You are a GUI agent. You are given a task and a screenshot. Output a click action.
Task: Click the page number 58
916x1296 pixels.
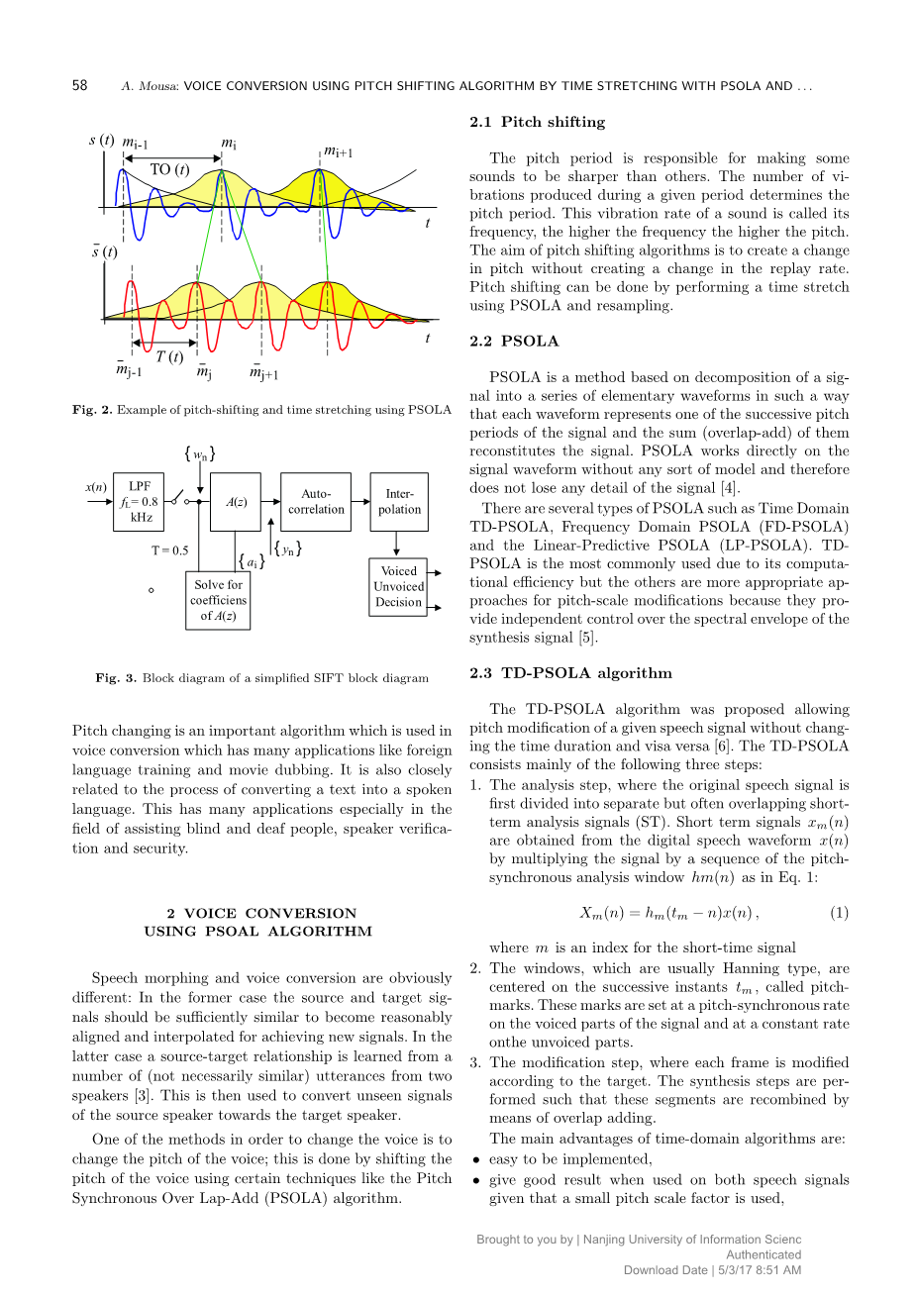coord(80,86)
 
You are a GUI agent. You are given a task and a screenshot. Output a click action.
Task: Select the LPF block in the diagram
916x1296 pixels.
coord(139,501)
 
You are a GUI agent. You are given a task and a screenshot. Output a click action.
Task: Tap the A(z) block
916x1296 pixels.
coord(236,502)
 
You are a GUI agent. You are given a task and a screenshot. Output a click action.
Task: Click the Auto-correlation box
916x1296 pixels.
coord(316,502)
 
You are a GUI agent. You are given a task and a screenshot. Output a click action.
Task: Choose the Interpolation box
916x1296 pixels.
coord(399,502)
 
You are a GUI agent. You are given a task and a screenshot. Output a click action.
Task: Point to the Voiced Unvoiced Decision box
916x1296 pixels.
coord(398,586)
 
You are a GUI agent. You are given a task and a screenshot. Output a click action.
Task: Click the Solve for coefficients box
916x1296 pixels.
coord(218,600)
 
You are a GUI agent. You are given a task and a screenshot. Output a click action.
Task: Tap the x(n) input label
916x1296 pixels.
coord(96,487)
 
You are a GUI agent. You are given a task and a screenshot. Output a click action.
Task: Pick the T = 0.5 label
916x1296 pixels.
coord(169,550)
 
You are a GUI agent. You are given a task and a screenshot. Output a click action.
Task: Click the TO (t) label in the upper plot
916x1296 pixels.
coord(169,169)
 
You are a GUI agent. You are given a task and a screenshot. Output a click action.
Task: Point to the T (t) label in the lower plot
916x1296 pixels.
coord(169,356)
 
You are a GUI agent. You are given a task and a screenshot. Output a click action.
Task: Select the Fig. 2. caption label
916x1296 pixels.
coord(92,410)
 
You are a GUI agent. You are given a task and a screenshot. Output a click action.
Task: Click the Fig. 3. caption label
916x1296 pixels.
coord(116,678)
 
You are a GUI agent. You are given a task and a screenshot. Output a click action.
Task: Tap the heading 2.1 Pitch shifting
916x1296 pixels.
coord(537,122)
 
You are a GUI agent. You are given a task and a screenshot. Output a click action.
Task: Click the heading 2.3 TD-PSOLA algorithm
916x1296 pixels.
coord(570,673)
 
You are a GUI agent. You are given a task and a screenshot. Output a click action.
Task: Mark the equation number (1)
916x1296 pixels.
coord(839,913)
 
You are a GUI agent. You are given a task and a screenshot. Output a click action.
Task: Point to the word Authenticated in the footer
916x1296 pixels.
coord(763,1254)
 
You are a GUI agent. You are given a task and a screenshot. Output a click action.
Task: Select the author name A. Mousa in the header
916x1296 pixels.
coord(147,86)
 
